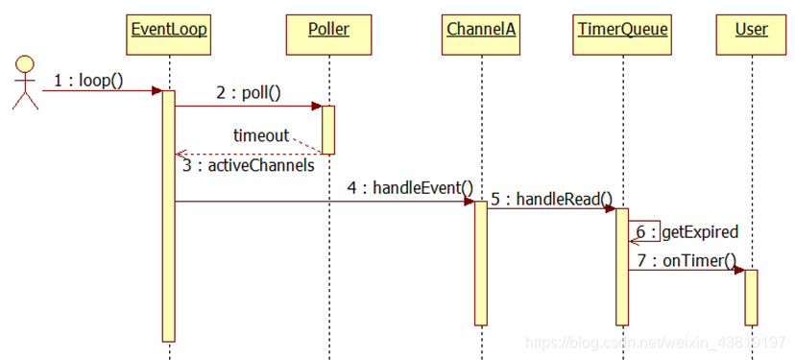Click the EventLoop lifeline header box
click(169, 29)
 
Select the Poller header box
click(328, 29)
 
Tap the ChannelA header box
click(481, 29)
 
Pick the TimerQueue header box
click(622, 29)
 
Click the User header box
click(751, 29)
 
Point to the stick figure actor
click(24, 83)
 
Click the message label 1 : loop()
click(87, 81)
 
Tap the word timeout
click(261, 135)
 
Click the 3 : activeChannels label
click(249, 165)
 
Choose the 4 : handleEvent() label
click(410, 188)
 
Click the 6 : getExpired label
click(686, 232)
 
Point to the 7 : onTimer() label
click(686, 260)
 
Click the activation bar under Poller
click(328, 130)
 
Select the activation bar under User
click(751, 297)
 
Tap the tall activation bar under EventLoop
click(169, 216)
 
